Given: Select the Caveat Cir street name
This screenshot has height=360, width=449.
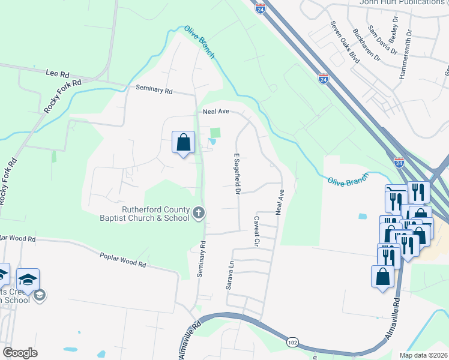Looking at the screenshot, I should [256, 232].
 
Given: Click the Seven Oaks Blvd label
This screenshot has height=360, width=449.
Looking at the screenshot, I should [345, 43].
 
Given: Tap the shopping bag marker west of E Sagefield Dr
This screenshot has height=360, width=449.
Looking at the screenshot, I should [184, 143].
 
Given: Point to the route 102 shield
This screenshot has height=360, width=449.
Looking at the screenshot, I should [292, 342].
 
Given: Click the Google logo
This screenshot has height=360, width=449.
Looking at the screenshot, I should [20, 353].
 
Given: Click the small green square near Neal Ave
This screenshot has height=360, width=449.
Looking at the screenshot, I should [215, 133].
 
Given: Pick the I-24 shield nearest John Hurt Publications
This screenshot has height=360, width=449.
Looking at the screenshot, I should [259, 8].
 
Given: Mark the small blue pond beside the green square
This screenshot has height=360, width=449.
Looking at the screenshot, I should [212, 142].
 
